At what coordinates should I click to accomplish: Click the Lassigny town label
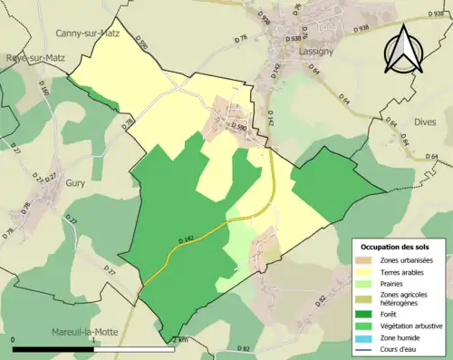click(317, 53)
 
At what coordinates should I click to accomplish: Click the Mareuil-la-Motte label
click(85, 332)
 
